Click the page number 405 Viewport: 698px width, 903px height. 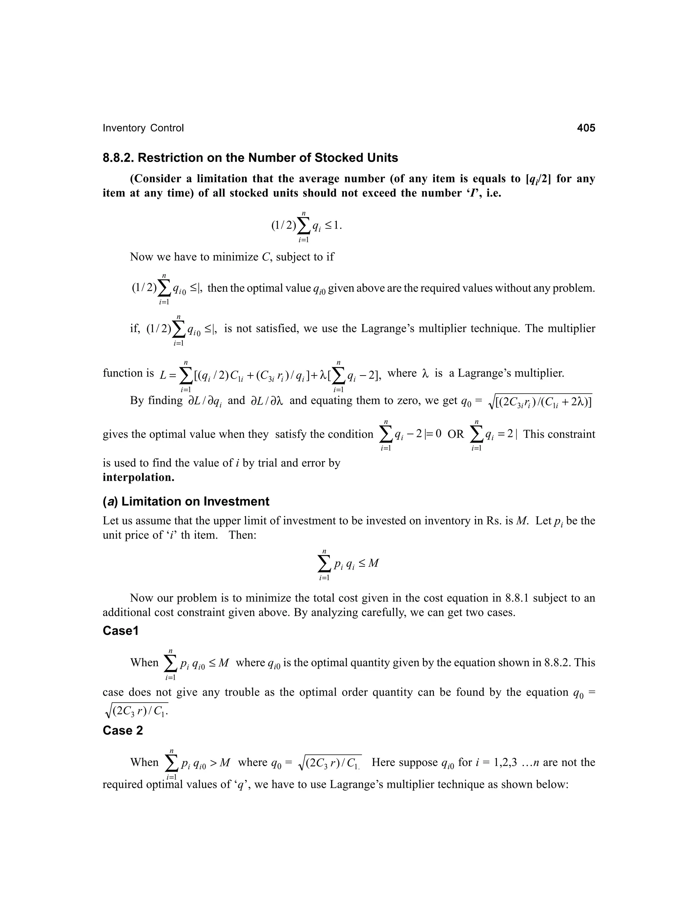[x=586, y=128]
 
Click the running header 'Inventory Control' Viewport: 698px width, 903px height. [x=143, y=128]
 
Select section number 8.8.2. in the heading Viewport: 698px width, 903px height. [x=118, y=158]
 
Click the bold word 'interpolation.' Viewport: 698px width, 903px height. [x=138, y=477]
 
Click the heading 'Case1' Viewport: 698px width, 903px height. [x=120, y=631]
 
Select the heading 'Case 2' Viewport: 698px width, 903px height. [x=122, y=731]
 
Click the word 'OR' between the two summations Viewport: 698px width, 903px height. [x=456, y=434]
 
